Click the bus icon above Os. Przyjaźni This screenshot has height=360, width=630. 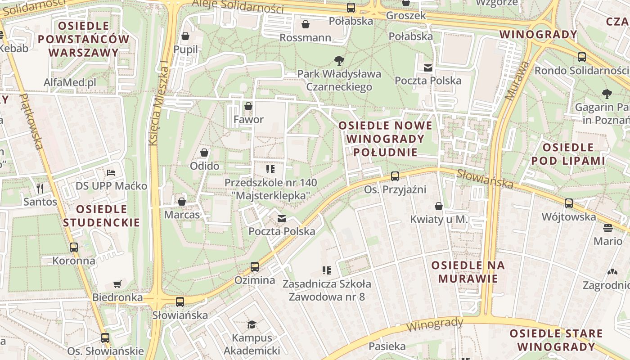click(395, 176)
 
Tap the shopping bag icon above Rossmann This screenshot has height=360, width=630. click(306, 24)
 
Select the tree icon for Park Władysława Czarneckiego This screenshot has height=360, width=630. click(339, 60)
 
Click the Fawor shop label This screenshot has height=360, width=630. click(248, 120)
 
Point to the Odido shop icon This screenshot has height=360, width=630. click(204, 153)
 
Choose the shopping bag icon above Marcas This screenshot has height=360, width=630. click(182, 202)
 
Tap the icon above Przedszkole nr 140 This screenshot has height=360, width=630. click(270, 169)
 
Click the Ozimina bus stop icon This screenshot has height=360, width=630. click(255, 267)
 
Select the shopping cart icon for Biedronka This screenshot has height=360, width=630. click(117, 284)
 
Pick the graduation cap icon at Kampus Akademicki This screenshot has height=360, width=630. click(252, 324)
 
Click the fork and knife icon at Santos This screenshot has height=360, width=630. click(40, 188)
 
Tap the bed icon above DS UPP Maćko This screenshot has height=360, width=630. click(111, 173)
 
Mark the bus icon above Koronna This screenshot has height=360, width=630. click(74, 247)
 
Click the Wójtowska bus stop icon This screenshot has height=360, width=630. click(569, 203)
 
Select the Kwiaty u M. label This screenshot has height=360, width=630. click(439, 220)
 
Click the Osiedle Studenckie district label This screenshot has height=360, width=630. click(101, 216)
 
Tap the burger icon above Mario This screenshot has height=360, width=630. click(607, 228)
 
